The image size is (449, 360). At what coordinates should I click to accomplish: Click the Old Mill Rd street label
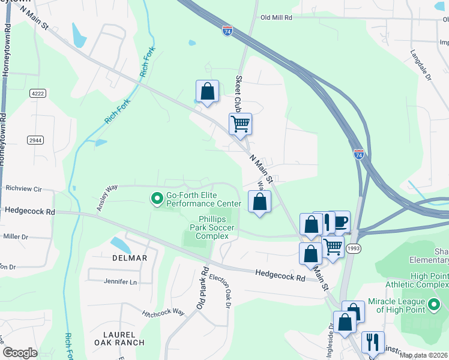click(x=276, y=18)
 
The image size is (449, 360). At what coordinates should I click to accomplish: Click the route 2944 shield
click(x=35, y=140)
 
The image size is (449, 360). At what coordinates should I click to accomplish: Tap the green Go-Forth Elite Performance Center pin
click(x=157, y=197)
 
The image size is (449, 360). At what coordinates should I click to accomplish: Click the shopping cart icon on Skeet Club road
click(x=240, y=124)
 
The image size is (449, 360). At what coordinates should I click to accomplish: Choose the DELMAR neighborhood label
click(x=129, y=258)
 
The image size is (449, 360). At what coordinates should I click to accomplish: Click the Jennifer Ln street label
click(x=121, y=281)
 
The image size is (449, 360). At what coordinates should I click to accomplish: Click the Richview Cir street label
click(x=23, y=188)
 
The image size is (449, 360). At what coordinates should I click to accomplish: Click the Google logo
click(x=20, y=352)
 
